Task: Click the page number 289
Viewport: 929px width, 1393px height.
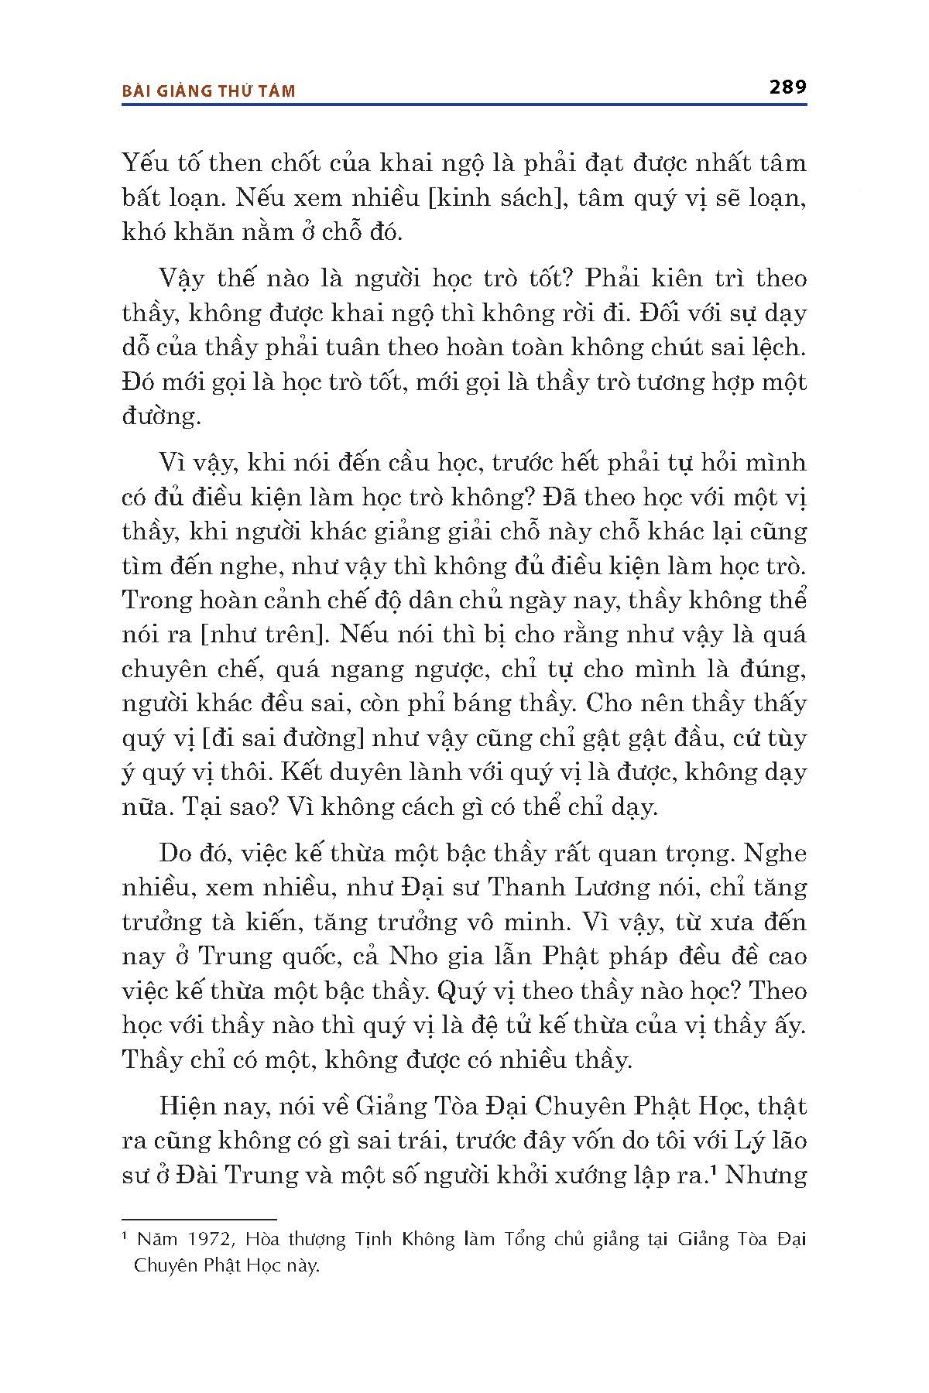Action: coord(788,87)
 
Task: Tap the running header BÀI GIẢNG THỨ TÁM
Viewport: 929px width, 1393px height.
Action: coord(209,91)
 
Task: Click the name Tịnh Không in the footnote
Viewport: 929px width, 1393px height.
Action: coord(402,1240)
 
